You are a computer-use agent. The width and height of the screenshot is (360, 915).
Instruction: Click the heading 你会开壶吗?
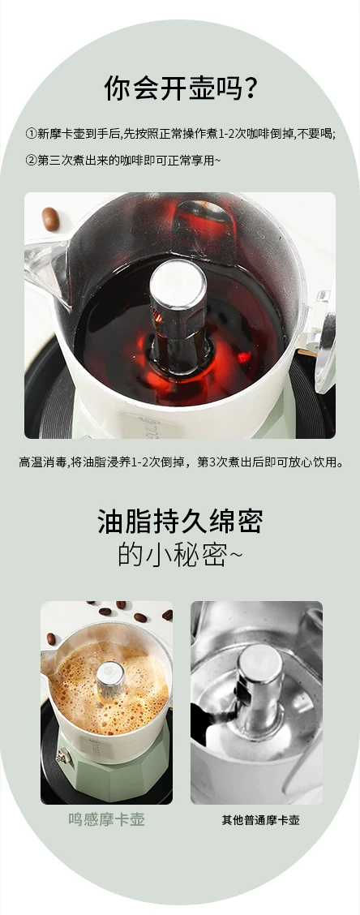tap(181, 88)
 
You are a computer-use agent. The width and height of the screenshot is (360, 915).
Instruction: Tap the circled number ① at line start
tap(31, 134)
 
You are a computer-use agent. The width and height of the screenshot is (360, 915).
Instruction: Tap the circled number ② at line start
tap(31, 160)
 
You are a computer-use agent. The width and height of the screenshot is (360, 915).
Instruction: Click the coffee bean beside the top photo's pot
tap(50, 218)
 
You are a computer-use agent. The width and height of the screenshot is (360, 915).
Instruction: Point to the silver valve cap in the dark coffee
tap(178, 284)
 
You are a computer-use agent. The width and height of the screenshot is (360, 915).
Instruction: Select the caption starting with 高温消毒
tap(180, 462)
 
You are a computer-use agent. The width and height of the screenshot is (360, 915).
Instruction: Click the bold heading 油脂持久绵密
tap(180, 521)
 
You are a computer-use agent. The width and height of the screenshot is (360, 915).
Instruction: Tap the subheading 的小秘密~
tap(180, 554)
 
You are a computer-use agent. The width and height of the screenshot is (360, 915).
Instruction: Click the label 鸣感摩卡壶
tap(106, 819)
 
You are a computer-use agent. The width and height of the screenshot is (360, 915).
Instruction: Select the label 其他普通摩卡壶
tap(260, 820)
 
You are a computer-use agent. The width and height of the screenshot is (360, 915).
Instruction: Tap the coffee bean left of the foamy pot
tap(51, 638)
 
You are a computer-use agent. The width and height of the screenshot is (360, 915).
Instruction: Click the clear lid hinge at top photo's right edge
tap(324, 338)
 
